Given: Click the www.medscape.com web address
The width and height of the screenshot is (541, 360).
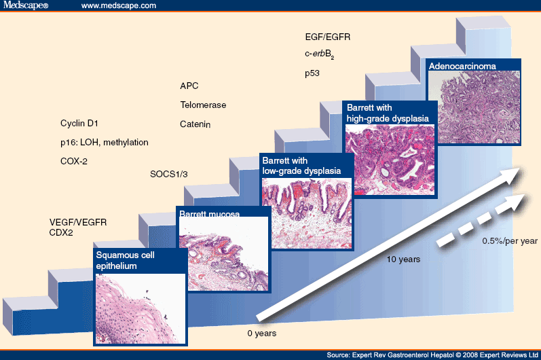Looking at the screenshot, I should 119,5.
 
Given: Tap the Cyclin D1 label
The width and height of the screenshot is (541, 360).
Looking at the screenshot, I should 79,124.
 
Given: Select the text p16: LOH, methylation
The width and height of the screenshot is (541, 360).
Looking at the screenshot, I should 104,142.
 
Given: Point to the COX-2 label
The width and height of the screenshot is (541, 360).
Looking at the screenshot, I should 74,161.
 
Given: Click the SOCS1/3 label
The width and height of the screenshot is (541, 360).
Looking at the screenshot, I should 168,174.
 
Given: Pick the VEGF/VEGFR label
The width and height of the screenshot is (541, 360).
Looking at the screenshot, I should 78,222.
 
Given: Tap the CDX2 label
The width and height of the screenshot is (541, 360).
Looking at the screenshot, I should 62,232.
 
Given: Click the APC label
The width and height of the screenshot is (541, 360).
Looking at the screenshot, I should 189,86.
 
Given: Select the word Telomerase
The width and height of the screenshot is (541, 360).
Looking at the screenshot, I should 203,105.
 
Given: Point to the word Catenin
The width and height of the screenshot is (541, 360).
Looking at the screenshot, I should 195,124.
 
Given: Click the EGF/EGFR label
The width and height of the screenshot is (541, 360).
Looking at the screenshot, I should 328,37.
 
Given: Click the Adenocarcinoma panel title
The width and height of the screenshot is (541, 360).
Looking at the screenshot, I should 462,67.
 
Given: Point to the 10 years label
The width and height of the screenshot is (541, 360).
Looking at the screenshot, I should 404,259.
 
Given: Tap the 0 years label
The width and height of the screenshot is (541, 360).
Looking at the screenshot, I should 261,334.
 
